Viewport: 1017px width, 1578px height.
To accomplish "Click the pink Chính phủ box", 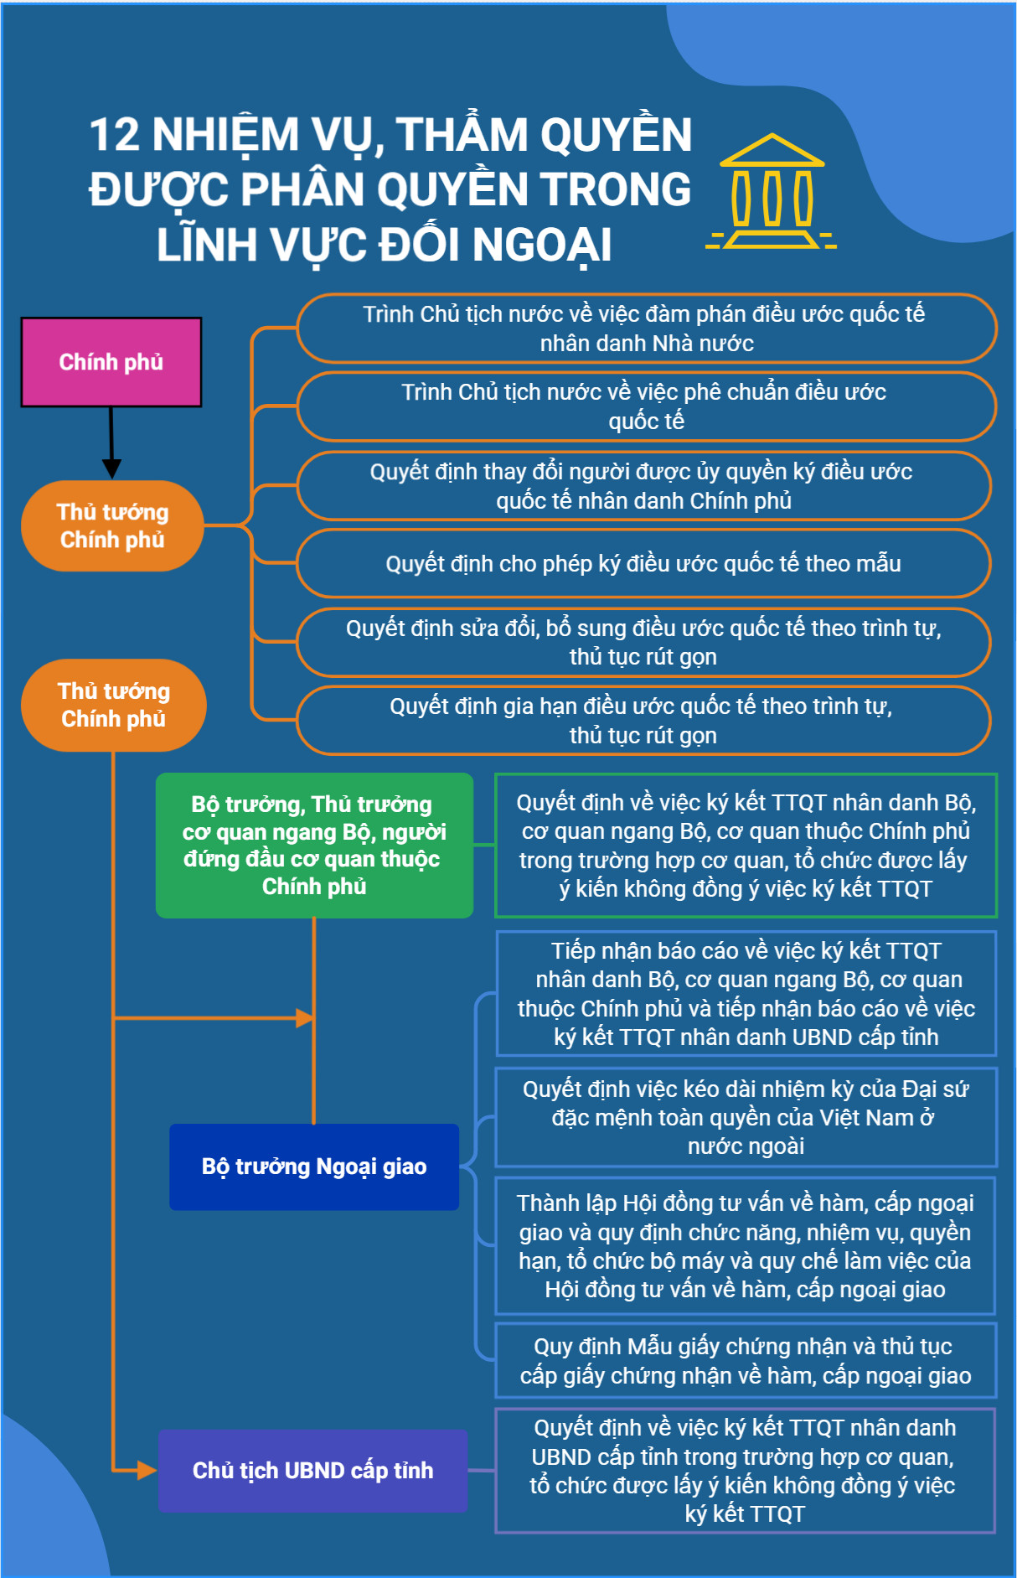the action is point(111,362).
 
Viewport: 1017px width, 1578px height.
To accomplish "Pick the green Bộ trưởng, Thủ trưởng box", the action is point(314,845).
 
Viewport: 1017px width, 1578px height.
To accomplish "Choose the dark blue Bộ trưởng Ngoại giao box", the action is point(314,1167).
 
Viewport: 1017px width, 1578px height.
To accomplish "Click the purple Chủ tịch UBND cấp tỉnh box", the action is point(313,1471).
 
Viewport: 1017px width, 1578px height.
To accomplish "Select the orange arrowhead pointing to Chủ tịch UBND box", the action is point(147,1470).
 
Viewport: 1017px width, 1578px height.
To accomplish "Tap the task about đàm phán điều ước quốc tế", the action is point(646,329).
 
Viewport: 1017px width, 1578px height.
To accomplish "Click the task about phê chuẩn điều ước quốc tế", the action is point(646,406).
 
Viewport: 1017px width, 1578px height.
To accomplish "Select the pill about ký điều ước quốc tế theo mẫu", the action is point(643,563).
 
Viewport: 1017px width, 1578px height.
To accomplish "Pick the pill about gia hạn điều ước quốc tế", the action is point(643,721).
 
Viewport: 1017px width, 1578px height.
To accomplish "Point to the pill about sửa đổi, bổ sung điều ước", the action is point(643,642).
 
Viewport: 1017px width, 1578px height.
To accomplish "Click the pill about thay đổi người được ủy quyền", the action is point(643,486).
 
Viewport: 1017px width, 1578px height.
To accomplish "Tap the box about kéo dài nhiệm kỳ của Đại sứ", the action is point(746,1117).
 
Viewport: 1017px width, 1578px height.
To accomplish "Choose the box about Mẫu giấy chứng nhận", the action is point(746,1361).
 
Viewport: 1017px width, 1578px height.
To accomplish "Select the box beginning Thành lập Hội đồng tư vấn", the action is point(746,1246).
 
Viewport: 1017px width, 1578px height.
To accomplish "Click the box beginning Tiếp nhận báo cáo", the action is point(746,994).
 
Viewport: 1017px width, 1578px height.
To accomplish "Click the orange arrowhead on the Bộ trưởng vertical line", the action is point(305,1018).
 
